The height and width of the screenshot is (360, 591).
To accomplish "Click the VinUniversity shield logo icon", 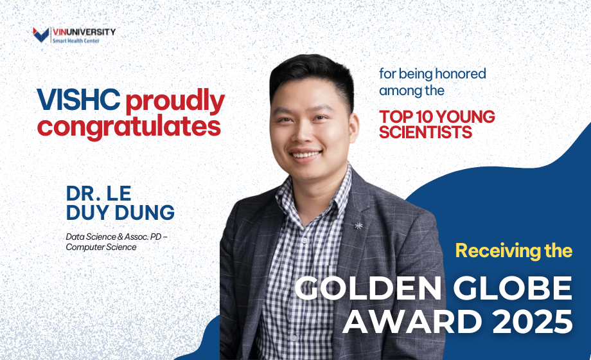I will [x=42, y=34].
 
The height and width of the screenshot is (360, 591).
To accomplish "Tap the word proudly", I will [x=175, y=101].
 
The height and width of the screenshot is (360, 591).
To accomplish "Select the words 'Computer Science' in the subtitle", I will [x=101, y=247].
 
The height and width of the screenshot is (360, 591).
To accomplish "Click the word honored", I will [x=459, y=73].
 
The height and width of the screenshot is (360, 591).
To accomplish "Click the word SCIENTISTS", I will [x=426, y=132].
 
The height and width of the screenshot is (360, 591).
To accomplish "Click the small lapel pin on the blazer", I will [x=358, y=225].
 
